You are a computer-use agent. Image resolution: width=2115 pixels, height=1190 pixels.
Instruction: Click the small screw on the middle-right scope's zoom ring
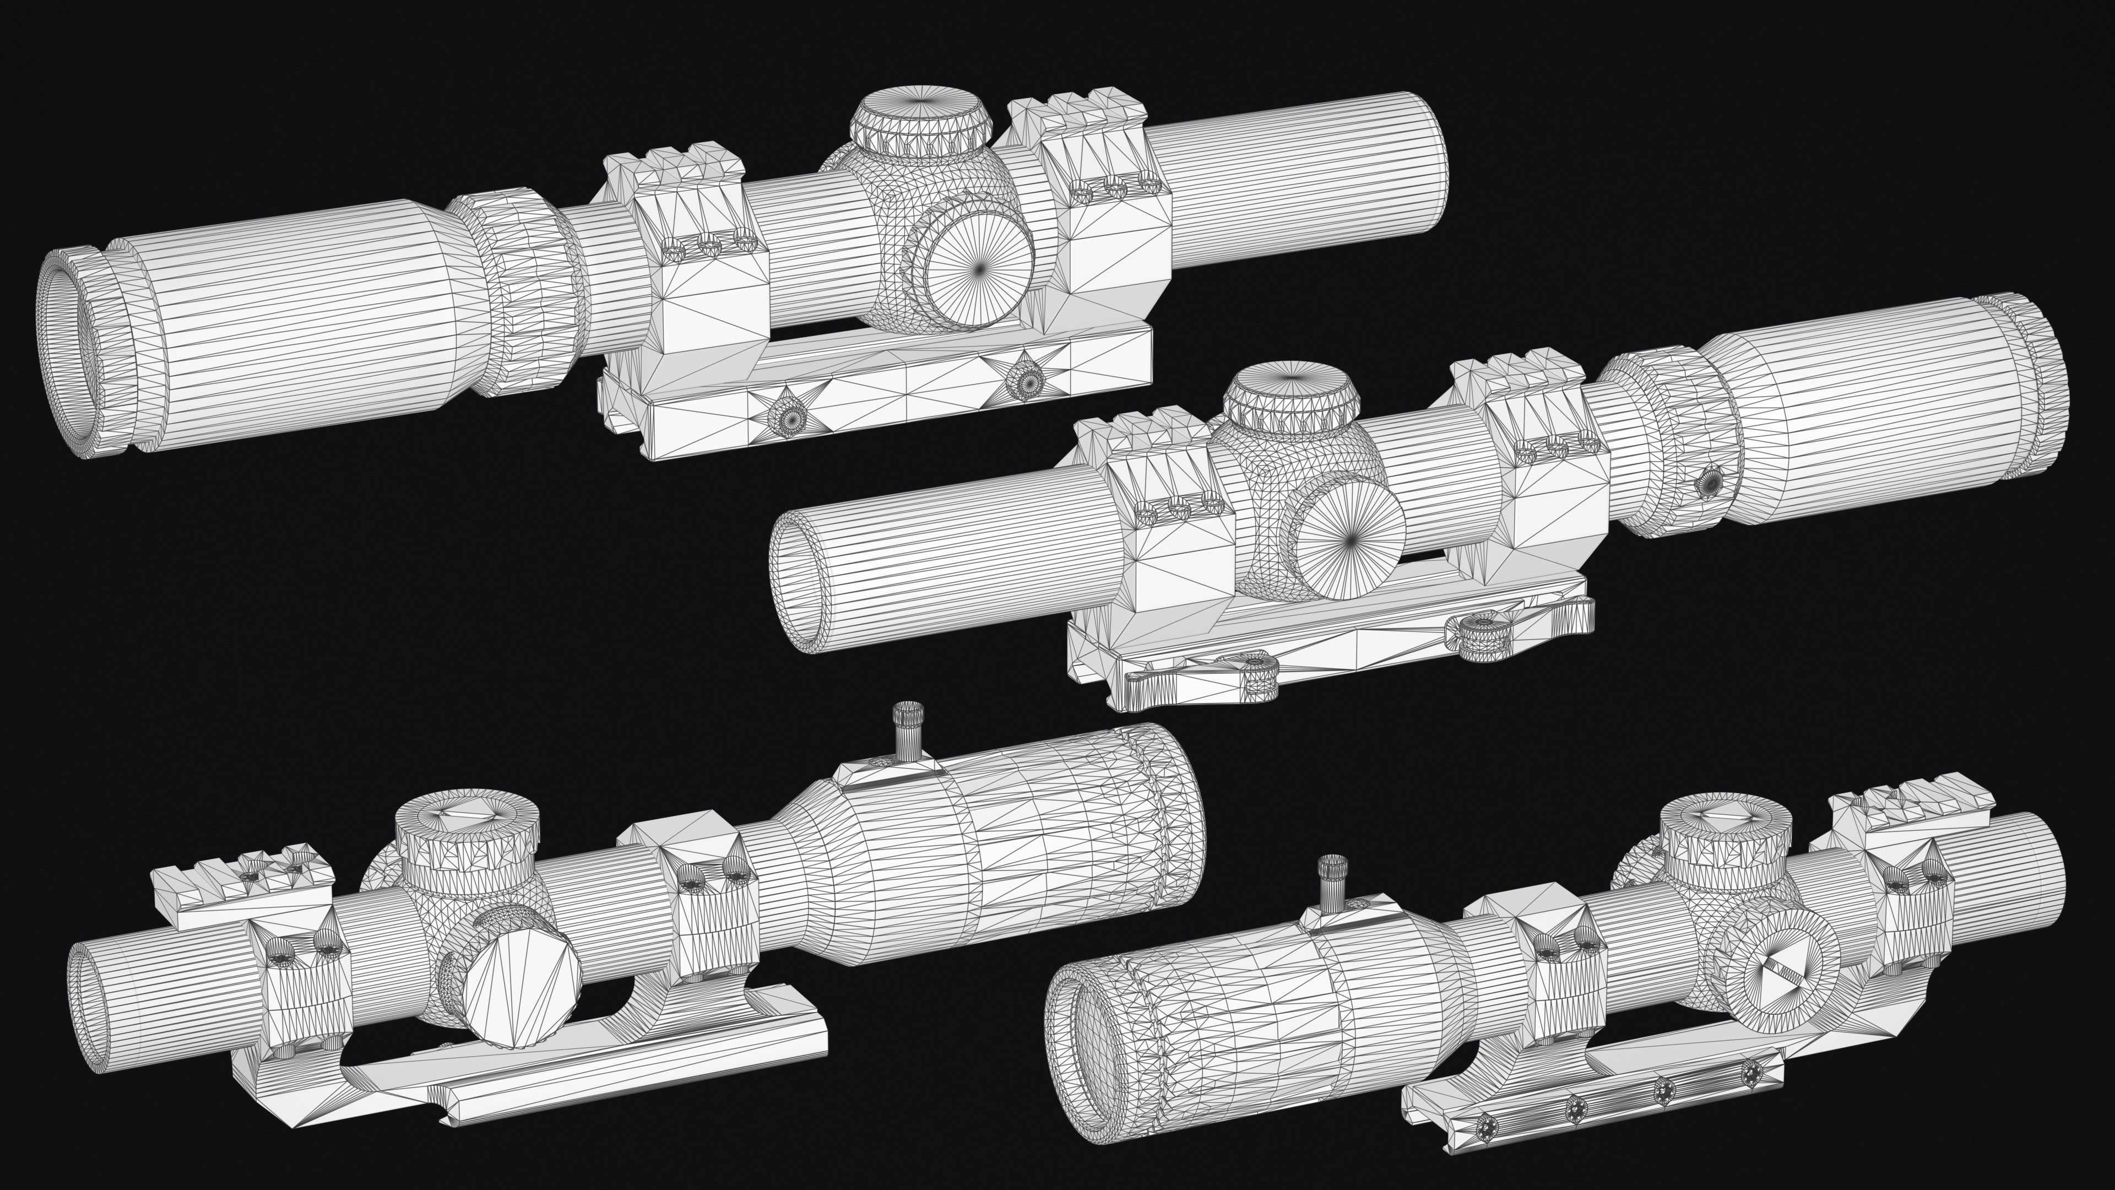tap(1711, 482)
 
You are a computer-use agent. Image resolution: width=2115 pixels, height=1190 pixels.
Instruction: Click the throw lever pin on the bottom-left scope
tap(908, 732)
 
